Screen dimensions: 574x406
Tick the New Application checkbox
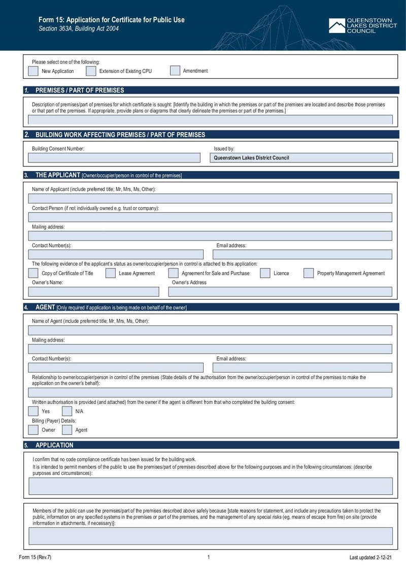point(33,71)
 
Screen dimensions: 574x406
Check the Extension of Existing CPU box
point(91,71)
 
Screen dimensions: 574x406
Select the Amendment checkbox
point(175,71)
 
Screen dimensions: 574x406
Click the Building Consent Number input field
point(114,158)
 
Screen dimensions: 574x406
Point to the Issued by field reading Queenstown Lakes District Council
point(301,158)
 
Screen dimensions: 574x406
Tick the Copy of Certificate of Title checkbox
point(33,273)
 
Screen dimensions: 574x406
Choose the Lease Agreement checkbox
point(111,273)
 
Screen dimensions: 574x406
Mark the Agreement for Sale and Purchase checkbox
point(173,273)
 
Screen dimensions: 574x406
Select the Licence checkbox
point(265,273)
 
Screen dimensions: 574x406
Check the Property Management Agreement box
point(309,273)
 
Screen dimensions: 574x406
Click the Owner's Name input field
point(93,292)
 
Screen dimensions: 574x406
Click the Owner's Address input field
point(280,292)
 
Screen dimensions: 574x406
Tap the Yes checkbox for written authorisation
point(33,411)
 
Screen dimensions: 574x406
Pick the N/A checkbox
point(67,411)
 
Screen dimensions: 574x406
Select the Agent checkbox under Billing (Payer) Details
point(67,430)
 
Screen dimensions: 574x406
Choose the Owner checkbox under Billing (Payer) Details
point(33,430)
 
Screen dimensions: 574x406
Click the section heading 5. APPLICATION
point(54,445)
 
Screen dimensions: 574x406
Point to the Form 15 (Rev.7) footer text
point(35,557)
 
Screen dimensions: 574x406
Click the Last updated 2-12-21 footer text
point(370,557)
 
